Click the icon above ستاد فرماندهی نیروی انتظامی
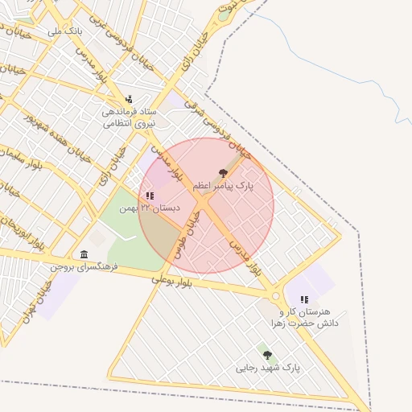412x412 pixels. coord(130,99)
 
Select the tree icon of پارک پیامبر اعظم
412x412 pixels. coord(223,173)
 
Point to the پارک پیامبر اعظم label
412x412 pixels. coord(223,186)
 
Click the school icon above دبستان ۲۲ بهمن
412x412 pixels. coord(150,195)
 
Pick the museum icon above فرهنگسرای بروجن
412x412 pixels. coord(84,254)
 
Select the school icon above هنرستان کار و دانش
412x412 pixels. coord(304,299)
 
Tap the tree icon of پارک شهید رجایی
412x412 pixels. coord(267,355)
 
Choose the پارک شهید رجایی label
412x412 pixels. coord(267,368)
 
